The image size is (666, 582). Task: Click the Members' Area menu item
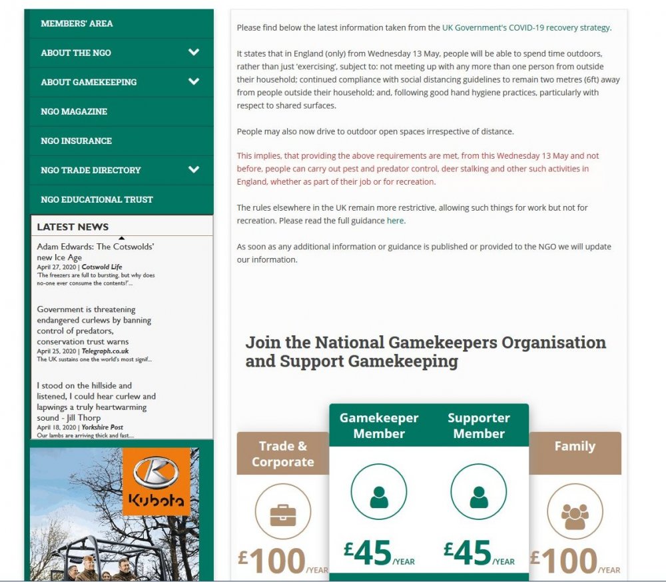77,23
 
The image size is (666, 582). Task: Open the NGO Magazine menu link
74,111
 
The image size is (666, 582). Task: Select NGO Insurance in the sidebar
76,141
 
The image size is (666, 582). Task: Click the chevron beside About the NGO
194,52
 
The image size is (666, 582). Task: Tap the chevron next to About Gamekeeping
194,81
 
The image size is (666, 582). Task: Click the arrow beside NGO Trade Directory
194,169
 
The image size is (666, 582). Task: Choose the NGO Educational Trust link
97,199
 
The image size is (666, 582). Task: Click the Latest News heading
73,227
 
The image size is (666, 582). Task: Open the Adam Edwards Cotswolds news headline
95,252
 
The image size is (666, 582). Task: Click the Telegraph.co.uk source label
105,351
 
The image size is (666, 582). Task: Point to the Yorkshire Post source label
103,427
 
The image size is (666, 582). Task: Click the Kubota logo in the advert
157,481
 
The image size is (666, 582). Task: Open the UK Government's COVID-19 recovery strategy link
526,28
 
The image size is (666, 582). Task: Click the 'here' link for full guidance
395,221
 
